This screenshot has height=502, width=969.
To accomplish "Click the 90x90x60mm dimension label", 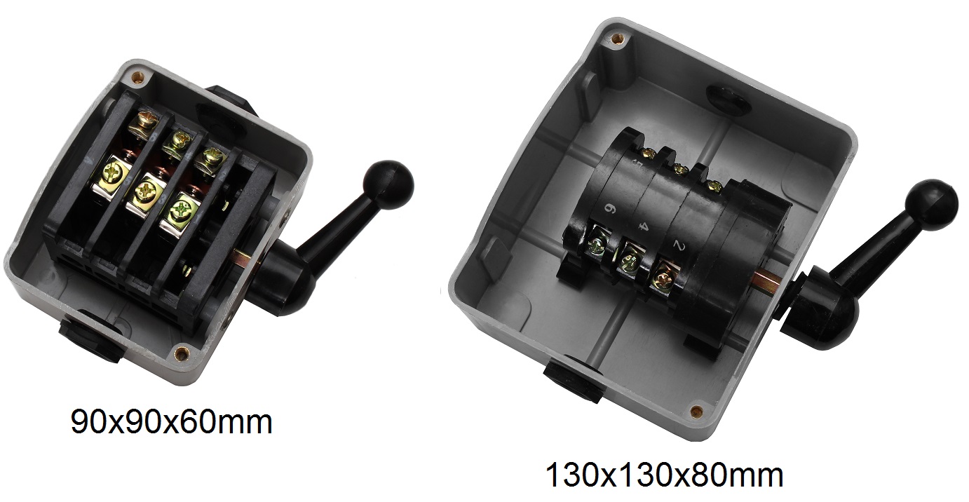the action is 171,423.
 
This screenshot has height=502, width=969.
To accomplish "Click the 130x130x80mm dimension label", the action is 665,475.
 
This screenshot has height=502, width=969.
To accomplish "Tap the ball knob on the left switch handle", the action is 388,185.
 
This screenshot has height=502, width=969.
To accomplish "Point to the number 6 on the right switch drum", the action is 611,208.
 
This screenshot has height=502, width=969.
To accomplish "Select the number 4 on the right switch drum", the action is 643,225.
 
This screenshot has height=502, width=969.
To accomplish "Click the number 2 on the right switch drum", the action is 678,246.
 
